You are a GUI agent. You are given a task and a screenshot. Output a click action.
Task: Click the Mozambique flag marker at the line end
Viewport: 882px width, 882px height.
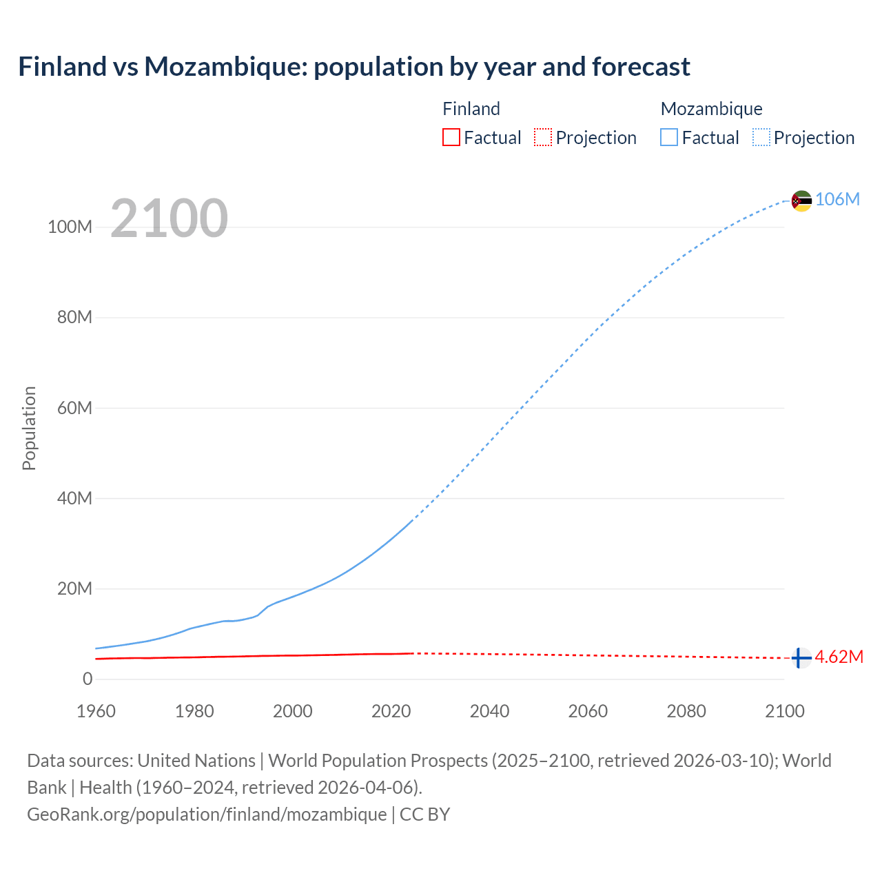tap(801, 201)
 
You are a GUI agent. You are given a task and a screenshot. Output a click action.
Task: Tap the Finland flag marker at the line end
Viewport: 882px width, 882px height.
tap(801, 658)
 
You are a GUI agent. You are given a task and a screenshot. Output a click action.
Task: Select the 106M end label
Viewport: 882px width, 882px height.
tap(837, 199)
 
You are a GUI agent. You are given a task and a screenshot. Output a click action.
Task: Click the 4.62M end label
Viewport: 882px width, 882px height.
tap(839, 657)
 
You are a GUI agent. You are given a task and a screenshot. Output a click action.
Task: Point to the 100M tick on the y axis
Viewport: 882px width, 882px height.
tap(70, 227)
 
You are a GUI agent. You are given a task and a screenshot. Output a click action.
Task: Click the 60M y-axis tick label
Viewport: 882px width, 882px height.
tap(74, 408)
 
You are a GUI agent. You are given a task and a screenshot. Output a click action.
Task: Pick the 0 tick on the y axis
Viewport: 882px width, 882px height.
tap(88, 679)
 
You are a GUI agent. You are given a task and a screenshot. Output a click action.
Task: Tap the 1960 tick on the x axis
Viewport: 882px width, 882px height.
tap(96, 711)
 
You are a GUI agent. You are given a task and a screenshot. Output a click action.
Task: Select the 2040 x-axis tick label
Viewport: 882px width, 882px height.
tap(489, 711)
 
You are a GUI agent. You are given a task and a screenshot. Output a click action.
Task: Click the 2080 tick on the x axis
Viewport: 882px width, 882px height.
tap(686, 711)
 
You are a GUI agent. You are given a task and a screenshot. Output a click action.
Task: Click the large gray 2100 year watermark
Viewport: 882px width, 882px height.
tap(169, 218)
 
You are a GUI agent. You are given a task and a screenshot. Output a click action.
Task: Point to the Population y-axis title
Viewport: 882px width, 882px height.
tap(29, 428)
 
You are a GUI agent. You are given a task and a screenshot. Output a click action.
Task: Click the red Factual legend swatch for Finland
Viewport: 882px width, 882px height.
tap(451, 137)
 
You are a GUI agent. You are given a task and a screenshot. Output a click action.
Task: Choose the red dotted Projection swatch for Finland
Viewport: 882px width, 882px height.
tap(543, 137)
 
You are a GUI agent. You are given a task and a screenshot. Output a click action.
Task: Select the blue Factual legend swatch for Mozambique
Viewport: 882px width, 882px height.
tap(669, 137)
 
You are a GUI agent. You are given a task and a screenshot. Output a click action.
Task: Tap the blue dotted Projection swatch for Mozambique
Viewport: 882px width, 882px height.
tap(761, 137)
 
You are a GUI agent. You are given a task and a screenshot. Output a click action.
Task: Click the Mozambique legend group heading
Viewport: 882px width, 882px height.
tap(711, 109)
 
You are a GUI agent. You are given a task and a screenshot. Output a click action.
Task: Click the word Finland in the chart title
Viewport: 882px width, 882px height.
tap(62, 67)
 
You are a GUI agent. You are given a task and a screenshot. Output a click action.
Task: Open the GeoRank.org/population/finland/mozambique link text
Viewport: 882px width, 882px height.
tap(207, 814)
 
